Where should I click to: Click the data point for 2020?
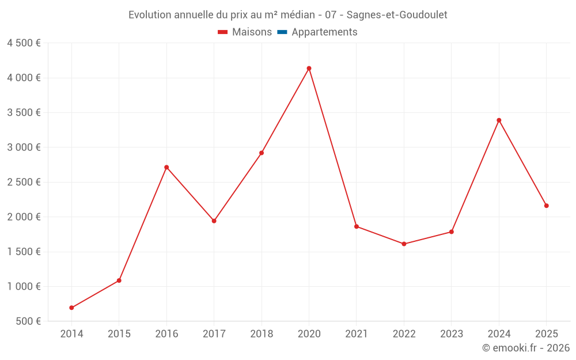309,69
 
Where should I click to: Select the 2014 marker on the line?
71,308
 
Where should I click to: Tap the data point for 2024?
499,120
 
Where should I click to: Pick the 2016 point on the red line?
166,167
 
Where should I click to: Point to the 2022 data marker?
404,244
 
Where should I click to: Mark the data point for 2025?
546,206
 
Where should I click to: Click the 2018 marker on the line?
262,153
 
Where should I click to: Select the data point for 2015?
119,281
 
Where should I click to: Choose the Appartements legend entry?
324,32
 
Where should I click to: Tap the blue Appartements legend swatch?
282,32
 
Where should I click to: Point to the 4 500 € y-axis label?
24,43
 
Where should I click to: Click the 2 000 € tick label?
24,217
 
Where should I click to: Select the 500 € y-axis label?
28,321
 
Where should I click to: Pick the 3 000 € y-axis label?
24,147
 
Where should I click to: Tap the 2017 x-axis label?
214,334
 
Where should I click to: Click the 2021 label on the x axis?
357,334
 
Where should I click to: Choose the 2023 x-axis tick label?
452,334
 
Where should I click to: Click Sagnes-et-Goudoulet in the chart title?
397,15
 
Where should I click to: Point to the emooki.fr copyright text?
525,348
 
